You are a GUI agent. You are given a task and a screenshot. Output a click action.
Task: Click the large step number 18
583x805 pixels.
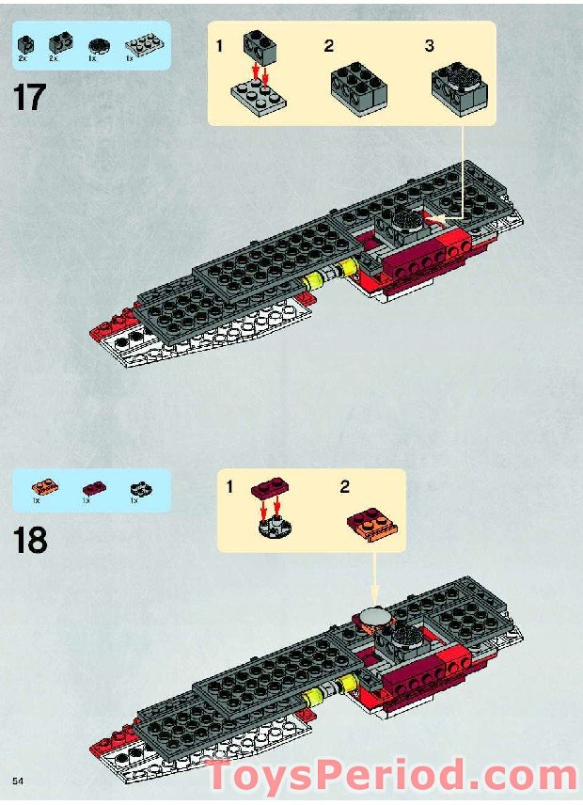pos(31,540)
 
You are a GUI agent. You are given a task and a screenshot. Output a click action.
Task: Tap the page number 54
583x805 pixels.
pos(18,782)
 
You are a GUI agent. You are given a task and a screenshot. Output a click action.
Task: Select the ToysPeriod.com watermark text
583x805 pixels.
pos(391,778)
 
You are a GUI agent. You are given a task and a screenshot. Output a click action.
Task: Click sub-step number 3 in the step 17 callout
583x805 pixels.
pos(430,46)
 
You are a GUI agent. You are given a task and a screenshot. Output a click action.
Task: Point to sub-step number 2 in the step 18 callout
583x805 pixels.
pos(345,487)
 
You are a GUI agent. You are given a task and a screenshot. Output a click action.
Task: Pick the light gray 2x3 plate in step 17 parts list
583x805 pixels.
pos(142,42)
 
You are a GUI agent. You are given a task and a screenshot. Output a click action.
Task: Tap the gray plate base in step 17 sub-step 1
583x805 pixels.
pos(259,95)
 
